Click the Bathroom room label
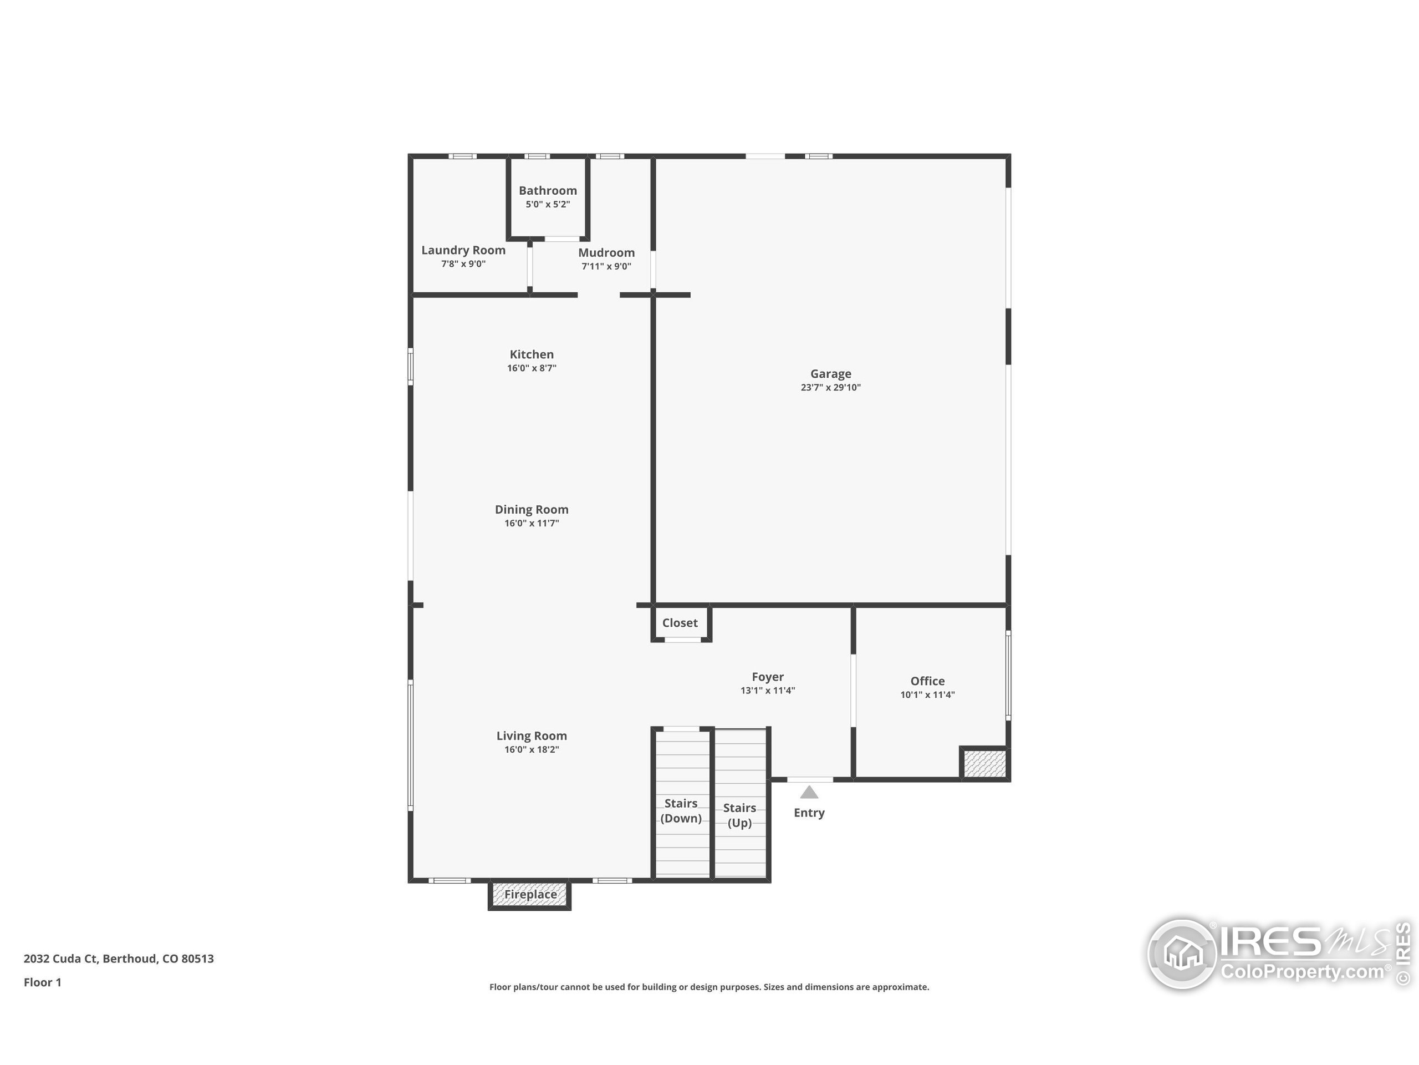[547, 191]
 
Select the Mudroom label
[606, 253]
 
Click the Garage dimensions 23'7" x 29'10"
[830, 387]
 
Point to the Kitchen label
[531, 354]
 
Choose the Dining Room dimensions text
[531, 523]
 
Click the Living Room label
[531, 736]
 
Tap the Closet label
[680, 623]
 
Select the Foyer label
[767, 677]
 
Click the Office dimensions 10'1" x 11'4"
[927, 694]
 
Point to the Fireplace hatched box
[530, 894]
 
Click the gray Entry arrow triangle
[809, 792]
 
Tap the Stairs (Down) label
[681, 810]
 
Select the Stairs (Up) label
[739, 815]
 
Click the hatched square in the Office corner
[983, 764]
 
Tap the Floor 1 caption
[42, 982]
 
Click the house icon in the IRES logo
[1183, 954]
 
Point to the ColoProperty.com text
[1302, 971]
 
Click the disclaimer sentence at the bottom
[709, 987]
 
